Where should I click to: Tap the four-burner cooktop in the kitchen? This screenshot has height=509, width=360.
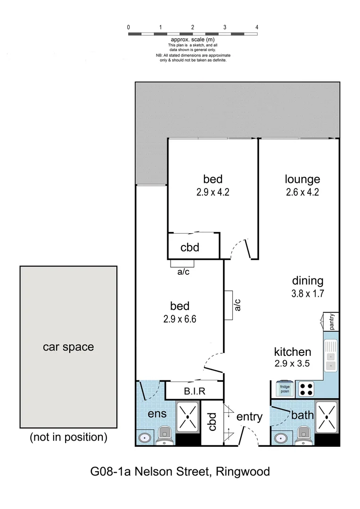[x=306, y=389]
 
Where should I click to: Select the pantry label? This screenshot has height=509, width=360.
[x=332, y=322]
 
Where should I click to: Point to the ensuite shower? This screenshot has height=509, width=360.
[x=188, y=417]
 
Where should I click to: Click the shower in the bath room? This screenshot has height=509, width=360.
[x=327, y=417]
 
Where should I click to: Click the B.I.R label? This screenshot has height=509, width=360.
[x=194, y=391]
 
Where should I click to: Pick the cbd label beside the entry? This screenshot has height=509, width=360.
[x=212, y=422]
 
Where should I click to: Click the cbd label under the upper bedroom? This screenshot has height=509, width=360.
[x=190, y=247]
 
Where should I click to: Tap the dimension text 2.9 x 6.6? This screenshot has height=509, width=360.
[x=180, y=319]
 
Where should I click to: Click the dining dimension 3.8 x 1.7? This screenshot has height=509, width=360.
[x=307, y=293]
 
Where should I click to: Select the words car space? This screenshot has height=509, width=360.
[x=68, y=347]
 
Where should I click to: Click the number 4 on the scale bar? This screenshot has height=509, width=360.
[x=257, y=27]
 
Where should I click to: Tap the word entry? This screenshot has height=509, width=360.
[x=249, y=417]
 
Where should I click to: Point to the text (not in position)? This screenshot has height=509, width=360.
[x=69, y=437]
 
